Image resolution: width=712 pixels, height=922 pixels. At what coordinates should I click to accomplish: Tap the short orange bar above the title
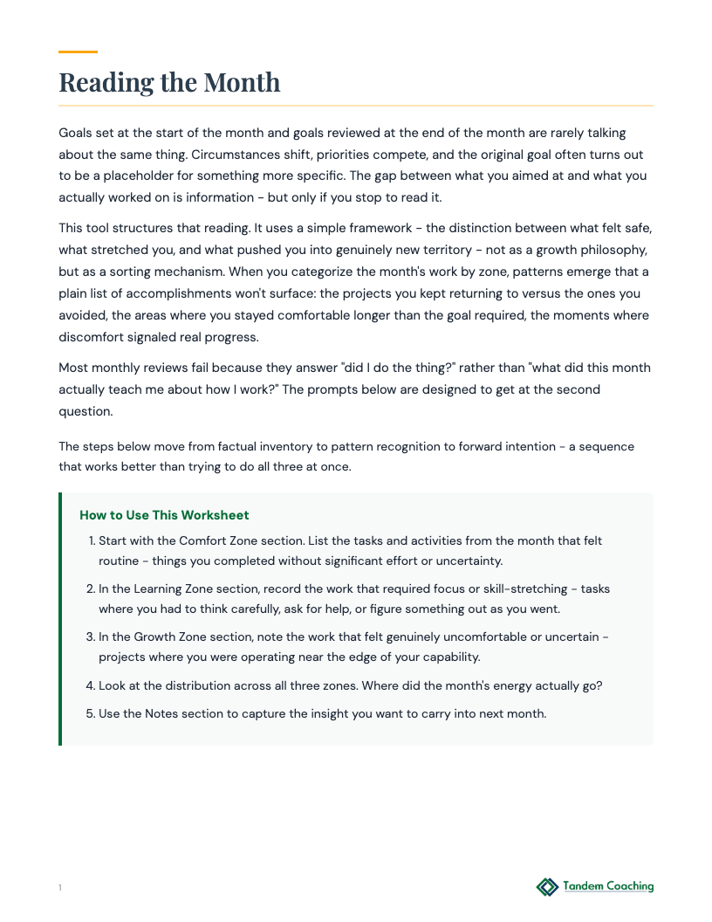[x=78, y=52]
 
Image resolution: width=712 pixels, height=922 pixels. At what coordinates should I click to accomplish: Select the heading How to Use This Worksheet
[x=164, y=515]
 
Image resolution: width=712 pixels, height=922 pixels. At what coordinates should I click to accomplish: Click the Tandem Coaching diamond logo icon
[x=547, y=887]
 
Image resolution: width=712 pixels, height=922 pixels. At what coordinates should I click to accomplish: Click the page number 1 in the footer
[x=60, y=888]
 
